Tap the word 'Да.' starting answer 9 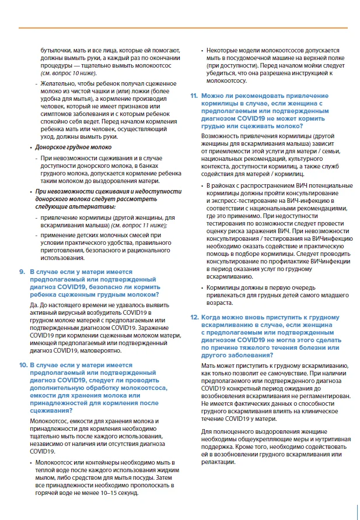[34, 304]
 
